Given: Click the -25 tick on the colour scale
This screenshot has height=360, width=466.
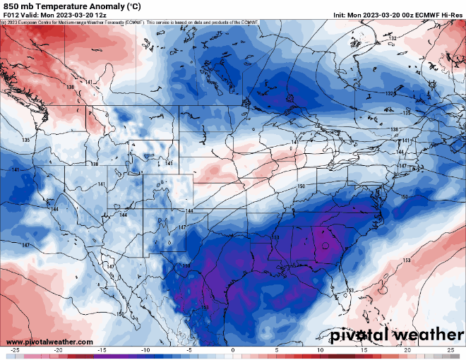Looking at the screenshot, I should point(15,349).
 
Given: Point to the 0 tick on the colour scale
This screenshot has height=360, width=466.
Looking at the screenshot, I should point(233,349).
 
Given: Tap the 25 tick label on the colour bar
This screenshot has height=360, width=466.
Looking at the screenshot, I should point(450,349).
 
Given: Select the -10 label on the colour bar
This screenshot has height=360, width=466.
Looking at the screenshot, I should point(145,349).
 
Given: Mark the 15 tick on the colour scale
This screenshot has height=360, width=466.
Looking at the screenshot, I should point(364,349).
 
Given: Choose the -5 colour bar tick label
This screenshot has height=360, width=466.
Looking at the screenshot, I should point(189,349).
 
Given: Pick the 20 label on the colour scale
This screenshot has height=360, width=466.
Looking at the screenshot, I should point(407,349).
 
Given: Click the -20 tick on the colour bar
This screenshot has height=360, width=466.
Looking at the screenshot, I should point(59,349).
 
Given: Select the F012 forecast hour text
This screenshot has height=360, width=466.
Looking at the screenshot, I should point(12,15).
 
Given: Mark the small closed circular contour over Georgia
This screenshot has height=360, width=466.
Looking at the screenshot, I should point(325,247).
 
